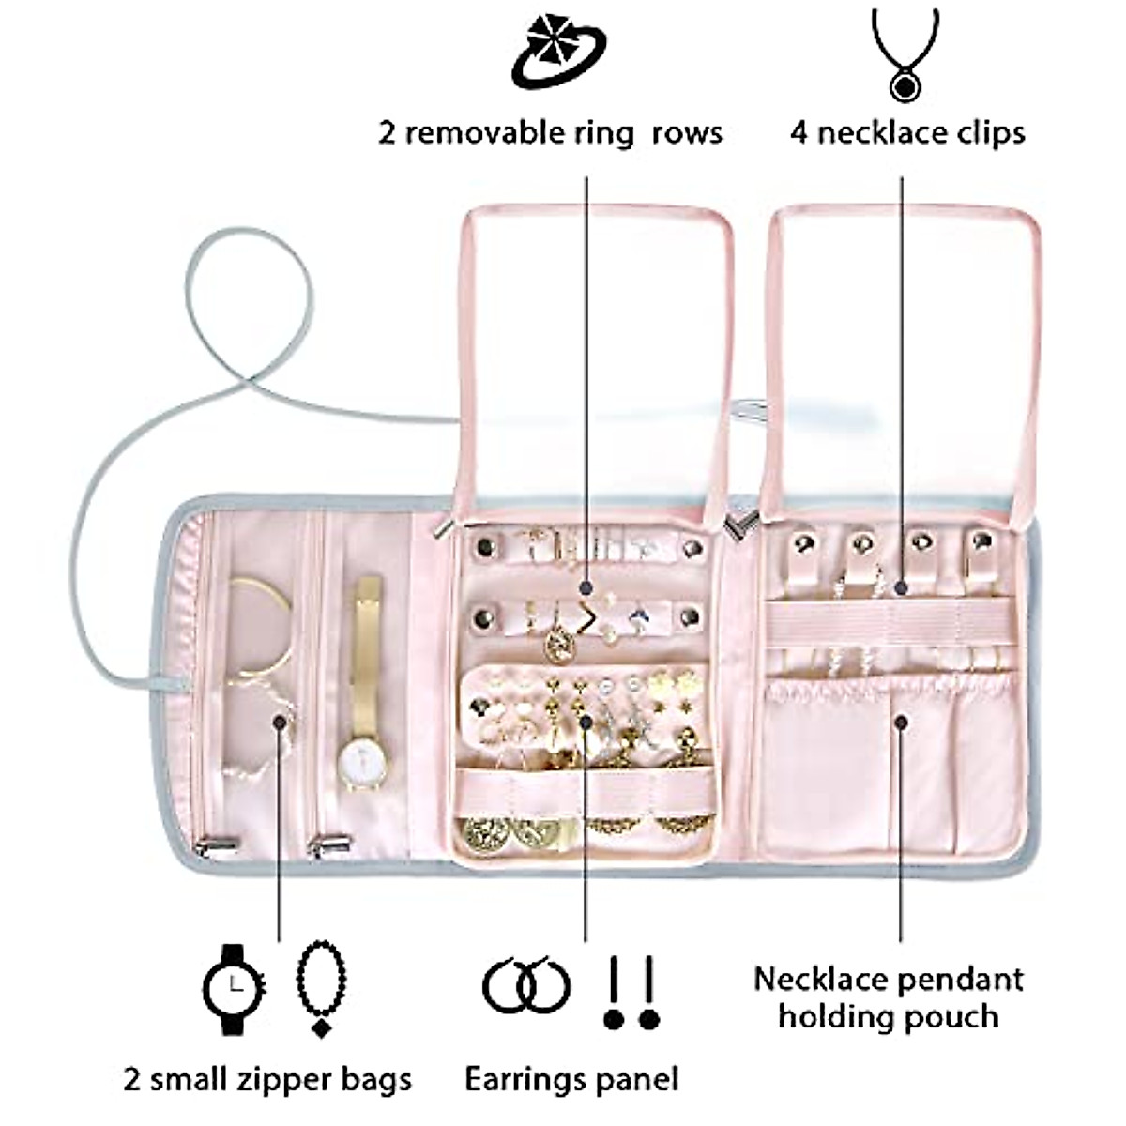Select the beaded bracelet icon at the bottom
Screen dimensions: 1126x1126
click(321, 988)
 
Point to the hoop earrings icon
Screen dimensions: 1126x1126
click(526, 985)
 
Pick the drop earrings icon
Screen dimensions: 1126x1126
click(631, 993)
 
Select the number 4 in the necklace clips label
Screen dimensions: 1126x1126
click(799, 132)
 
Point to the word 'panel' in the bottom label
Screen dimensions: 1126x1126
click(636, 1078)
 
